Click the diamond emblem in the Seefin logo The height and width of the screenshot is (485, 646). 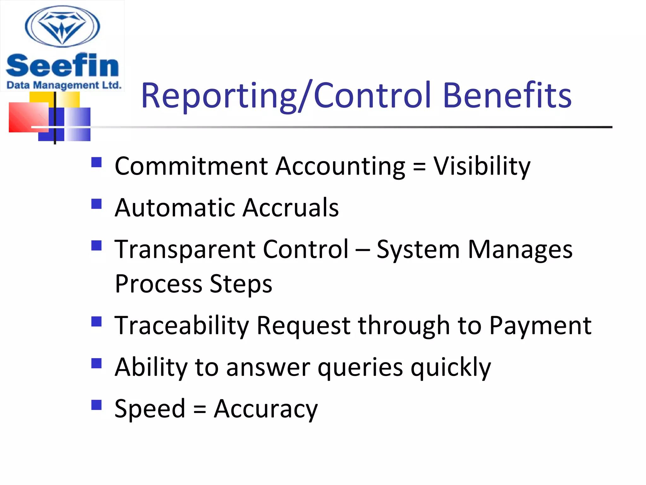pyautogui.click(x=62, y=27)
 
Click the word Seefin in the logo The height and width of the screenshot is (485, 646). pyautogui.click(x=62, y=65)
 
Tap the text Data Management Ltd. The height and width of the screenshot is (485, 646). pyautogui.click(x=64, y=85)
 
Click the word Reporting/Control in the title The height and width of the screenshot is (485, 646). pyautogui.click(x=286, y=96)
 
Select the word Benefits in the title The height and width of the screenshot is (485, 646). pyautogui.click(x=507, y=96)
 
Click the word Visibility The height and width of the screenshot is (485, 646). pyautogui.click(x=482, y=166)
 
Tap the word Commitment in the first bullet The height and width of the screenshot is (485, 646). pyautogui.click(x=191, y=166)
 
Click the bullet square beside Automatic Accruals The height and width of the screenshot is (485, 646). pyautogui.click(x=96, y=204)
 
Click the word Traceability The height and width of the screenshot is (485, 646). pyautogui.click(x=182, y=326)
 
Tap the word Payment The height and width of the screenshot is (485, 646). pyautogui.click(x=540, y=326)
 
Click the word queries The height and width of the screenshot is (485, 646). pyautogui.click(x=360, y=368)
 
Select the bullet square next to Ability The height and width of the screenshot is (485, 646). pyautogui.click(x=96, y=363)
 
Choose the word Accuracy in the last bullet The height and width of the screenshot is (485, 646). pyautogui.click(x=266, y=409)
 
